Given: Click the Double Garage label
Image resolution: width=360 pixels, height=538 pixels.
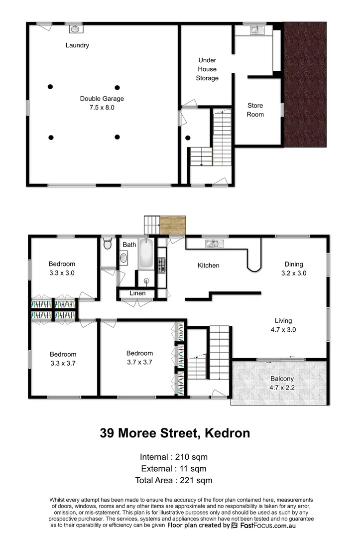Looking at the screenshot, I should coord(102,103).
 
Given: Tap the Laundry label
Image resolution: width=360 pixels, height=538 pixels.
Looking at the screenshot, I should coord(77,45).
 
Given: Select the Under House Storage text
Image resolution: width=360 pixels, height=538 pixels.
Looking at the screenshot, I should coord(207,69).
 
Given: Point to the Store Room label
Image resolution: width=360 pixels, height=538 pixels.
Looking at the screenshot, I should coord(255,110).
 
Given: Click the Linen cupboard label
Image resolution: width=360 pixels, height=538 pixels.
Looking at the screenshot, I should coord(137,293).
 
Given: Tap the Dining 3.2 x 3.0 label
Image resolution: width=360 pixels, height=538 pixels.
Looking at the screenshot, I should coord(293,269).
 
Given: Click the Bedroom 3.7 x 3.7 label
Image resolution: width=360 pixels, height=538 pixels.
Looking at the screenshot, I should coord(139,358).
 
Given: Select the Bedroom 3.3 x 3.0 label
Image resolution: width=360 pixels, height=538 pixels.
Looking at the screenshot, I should coord(62,268).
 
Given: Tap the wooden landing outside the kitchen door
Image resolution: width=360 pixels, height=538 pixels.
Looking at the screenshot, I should coord(173,225).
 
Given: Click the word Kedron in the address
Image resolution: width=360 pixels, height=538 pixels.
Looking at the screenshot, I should coord(227,433).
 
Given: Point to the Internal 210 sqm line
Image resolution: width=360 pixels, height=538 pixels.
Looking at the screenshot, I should coord(174,456).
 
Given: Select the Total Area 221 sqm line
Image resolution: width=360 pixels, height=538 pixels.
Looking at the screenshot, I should coord(174,480).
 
